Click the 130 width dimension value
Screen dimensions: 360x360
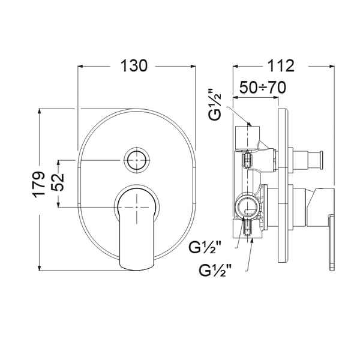point(134,66)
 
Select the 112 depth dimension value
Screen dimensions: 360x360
point(281,66)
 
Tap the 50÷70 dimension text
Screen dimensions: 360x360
point(263,87)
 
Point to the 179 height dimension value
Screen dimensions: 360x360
point(38,184)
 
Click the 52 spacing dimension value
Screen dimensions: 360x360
point(58,182)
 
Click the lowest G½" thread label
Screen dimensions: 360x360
point(215,271)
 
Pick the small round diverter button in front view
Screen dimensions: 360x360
point(137,160)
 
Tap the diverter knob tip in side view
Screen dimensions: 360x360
point(322,160)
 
